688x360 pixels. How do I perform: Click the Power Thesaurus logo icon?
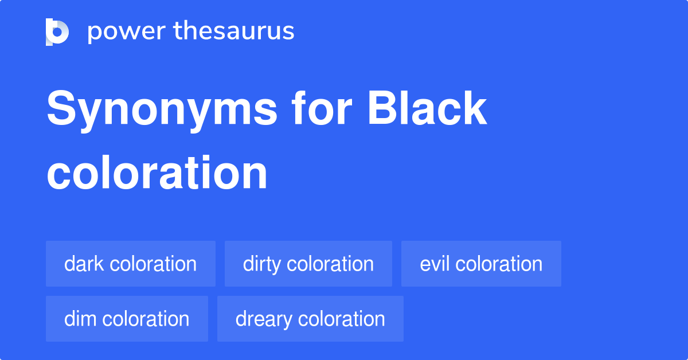57,32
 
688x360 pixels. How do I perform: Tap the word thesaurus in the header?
234,32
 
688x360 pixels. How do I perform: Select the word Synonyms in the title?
162,109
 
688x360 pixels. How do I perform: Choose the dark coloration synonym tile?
131,264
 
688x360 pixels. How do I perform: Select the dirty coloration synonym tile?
308,264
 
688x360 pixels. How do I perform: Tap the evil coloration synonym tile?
481,264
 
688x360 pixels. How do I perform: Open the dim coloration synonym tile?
127,319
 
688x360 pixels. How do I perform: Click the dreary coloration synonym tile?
310,319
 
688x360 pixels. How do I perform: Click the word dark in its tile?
84,264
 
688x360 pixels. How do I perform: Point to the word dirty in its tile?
262,264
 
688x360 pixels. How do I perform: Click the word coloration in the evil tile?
499,264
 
